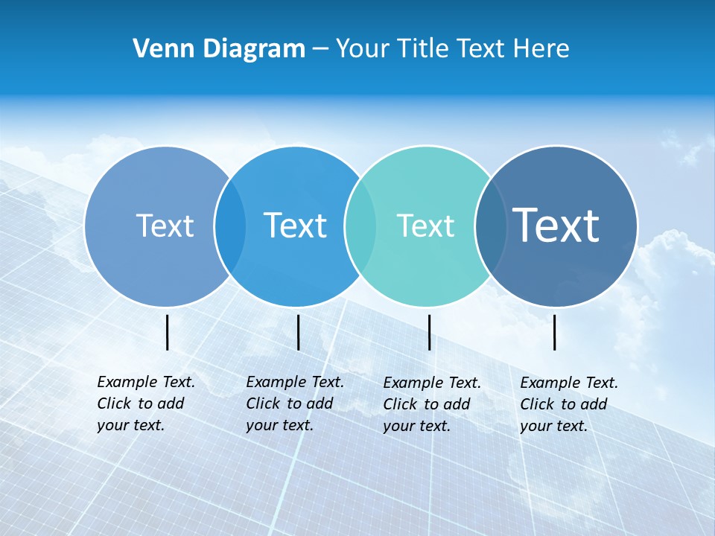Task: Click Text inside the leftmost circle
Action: (x=165, y=226)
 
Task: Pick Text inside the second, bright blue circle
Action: (x=295, y=226)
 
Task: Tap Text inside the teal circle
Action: (x=425, y=226)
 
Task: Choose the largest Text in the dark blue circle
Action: (x=556, y=225)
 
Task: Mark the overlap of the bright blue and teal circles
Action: (x=360, y=226)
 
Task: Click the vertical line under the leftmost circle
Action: (x=168, y=332)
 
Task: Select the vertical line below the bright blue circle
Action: (x=298, y=332)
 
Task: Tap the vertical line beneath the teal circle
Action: (x=430, y=332)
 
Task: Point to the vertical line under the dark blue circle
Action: (x=555, y=332)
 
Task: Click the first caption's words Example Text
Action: (x=146, y=382)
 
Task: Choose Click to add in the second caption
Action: (x=289, y=403)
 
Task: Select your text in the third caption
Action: (x=417, y=426)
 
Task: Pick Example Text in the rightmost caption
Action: (x=569, y=383)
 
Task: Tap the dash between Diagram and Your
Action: (x=320, y=49)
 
